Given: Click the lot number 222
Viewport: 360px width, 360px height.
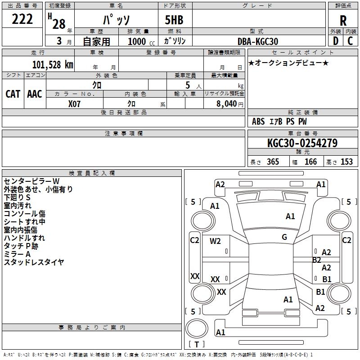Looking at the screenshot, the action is (22, 19).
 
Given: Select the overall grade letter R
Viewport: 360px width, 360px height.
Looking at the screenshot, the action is (343, 21).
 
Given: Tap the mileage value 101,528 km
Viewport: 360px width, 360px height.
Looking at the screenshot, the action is (53, 65).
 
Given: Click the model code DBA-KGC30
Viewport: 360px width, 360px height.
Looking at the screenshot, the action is (257, 41).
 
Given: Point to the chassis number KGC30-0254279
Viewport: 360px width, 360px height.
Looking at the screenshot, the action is (302, 143).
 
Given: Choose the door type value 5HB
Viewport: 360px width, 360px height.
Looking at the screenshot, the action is (174, 20).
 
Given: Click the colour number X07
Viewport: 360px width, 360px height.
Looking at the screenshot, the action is (74, 104).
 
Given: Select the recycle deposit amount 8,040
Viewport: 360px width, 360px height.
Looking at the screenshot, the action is (227, 103).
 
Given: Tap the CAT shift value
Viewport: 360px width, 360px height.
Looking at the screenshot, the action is (13, 94).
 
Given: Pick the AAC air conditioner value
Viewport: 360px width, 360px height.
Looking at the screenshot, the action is (35, 94).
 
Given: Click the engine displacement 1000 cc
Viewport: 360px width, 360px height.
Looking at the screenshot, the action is (141, 41).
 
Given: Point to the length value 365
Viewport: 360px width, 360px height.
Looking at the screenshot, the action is (273, 162).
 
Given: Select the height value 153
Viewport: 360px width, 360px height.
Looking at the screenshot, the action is (346, 162).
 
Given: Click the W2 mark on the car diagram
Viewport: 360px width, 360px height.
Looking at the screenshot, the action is (215, 241).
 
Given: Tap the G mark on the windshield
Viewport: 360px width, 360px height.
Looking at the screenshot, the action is (284, 237).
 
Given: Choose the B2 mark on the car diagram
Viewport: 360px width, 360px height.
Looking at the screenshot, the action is (317, 260).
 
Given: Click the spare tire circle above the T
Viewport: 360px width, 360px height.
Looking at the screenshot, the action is (197, 328).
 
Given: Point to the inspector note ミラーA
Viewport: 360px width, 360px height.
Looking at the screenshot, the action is (17, 254).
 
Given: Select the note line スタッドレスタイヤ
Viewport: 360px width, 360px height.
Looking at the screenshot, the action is (34, 262).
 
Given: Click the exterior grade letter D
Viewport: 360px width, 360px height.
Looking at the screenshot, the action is (336, 41).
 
